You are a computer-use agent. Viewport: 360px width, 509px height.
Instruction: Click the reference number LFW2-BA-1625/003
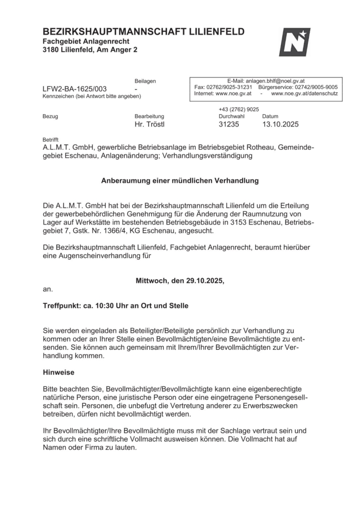point(74,89)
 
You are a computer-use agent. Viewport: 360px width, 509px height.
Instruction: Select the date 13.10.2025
point(280,125)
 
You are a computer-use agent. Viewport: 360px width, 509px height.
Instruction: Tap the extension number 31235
point(228,125)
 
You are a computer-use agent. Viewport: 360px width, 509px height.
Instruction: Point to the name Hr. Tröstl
point(149,125)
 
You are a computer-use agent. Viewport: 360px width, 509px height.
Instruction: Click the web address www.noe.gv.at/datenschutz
point(304,93)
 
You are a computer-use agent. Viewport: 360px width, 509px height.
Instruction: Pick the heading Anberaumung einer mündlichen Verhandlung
point(180,181)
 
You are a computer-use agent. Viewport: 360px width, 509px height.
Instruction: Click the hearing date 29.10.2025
point(206,281)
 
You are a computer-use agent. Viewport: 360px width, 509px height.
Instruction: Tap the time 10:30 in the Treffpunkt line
point(106,306)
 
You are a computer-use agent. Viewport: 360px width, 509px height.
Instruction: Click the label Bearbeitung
point(149,117)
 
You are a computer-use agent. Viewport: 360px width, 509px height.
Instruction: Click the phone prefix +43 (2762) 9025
point(239,109)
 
